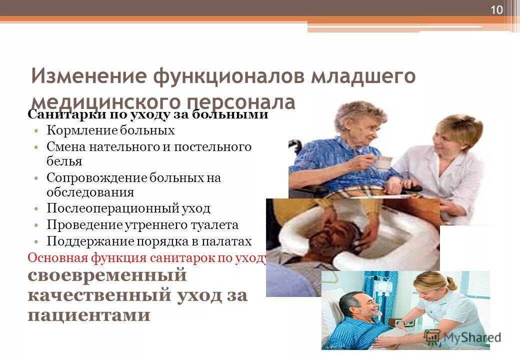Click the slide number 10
[496, 10]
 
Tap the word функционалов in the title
[224, 76]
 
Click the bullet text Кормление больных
[110, 131]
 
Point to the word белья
[64, 161]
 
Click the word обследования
[90, 192]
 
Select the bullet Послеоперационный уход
[128, 208]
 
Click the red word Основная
[56, 257]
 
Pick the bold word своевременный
[106, 276]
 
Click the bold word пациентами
[88, 315]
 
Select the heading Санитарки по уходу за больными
[148, 115]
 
